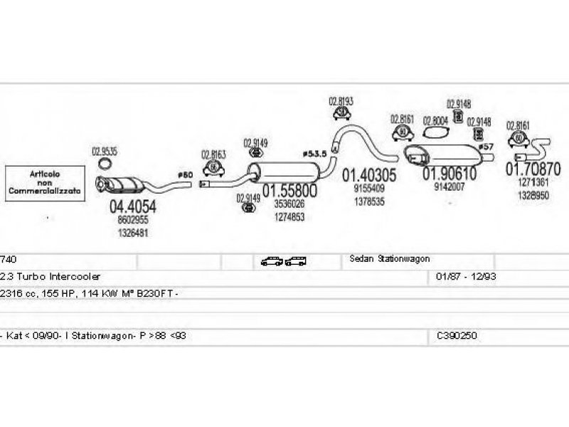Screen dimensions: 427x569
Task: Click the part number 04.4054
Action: pyautogui.click(x=132, y=207)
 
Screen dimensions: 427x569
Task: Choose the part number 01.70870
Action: pyautogui.click(x=533, y=169)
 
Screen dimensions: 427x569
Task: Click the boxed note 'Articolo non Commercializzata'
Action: pyautogui.click(x=45, y=183)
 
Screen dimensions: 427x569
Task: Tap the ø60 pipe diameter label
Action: pyautogui.click(x=185, y=174)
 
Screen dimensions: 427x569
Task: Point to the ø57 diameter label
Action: pyautogui.click(x=486, y=147)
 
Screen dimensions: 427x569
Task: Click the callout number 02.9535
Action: pyautogui.click(x=105, y=151)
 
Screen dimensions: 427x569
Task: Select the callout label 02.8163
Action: pyautogui.click(x=213, y=154)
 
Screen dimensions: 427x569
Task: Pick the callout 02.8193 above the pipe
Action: pyautogui.click(x=341, y=102)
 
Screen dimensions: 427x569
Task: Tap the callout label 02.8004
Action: pyautogui.click(x=435, y=120)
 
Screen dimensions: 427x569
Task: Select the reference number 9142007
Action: pyautogui.click(x=449, y=187)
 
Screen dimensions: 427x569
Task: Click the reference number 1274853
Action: pyautogui.click(x=289, y=216)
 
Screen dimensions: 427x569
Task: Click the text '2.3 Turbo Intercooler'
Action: pyautogui.click(x=50, y=275)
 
